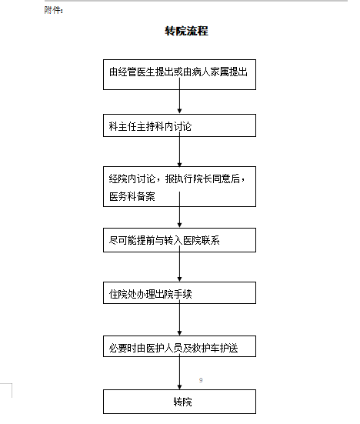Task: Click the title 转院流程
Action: pos(186,31)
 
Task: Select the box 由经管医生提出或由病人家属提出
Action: pos(179,75)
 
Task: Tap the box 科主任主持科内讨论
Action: pos(179,125)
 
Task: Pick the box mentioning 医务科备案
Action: pos(179,186)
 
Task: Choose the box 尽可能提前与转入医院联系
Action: pos(179,240)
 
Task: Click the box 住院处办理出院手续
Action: pos(179,293)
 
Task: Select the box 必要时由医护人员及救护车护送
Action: pos(179,346)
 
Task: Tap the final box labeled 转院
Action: pos(179,402)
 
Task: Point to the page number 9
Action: pos(201,380)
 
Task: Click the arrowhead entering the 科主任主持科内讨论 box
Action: pos(179,112)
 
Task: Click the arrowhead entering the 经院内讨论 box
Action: pos(179,165)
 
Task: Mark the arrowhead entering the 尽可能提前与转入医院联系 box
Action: pos(179,225)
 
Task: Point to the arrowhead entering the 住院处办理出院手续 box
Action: pos(179,279)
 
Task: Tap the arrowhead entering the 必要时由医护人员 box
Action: pos(179,333)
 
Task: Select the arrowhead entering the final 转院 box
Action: pos(179,387)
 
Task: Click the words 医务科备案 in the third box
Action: pos(132,196)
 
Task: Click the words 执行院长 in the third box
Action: pos(193,179)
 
